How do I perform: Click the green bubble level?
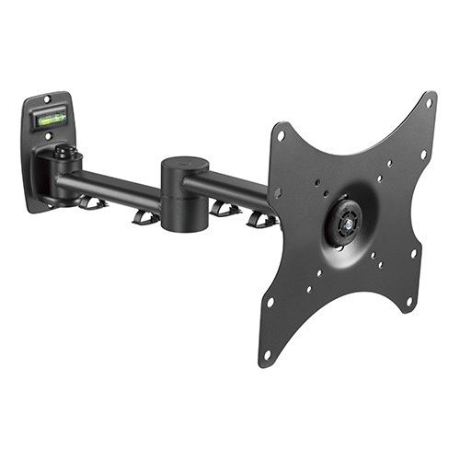(x=51, y=117)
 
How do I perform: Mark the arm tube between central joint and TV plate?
(x=230, y=188)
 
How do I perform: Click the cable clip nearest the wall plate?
(x=91, y=201)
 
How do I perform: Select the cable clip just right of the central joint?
(x=224, y=209)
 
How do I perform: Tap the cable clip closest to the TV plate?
(x=261, y=219)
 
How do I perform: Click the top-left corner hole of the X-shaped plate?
(x=281, y=136)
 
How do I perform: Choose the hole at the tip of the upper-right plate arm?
(x=429, y=102)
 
